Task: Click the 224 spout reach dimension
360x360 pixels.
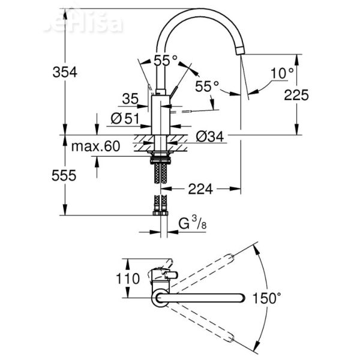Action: (x=201, y=189)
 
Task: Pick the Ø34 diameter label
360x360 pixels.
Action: (x=209, y=137)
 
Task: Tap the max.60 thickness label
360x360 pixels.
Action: (x=95, y=146)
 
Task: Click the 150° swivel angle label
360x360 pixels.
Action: (x=266, y=298)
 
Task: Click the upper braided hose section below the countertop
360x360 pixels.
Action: (x=160, y=173)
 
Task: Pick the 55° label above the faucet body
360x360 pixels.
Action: (x=166, y=60)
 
